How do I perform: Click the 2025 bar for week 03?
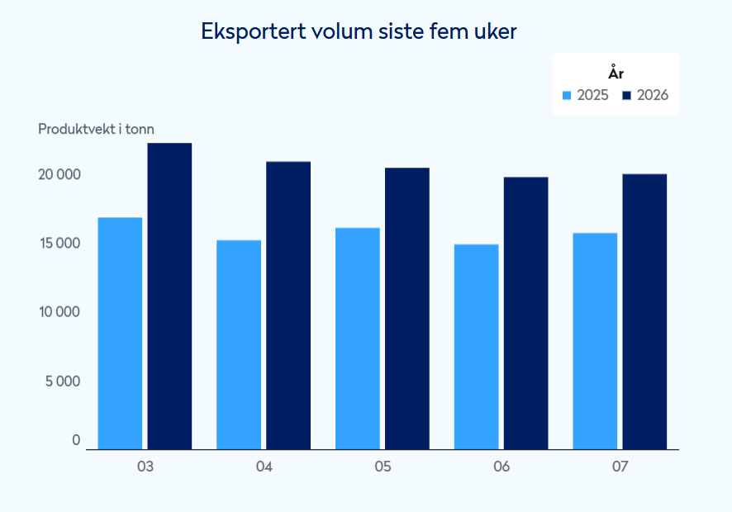point(120,334)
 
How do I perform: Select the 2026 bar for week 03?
point(169,296)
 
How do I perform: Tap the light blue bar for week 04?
point(239,345)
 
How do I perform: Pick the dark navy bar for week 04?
point(288,306)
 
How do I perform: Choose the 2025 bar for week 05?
point(357,339)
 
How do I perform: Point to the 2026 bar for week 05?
point(407,309)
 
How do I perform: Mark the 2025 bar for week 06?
point(477,347)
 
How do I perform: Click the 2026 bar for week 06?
point(526,314)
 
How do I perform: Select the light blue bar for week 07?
point(595,341)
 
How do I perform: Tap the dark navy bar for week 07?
point(644,312)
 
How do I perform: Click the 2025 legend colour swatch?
point(567,95)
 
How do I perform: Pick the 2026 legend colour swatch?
point(626,95)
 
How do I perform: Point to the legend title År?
point(616,73)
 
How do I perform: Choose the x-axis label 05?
point(383,467)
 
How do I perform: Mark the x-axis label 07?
point(620,467)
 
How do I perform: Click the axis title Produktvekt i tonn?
point(96,129)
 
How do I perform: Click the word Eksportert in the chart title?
point(253,31)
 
